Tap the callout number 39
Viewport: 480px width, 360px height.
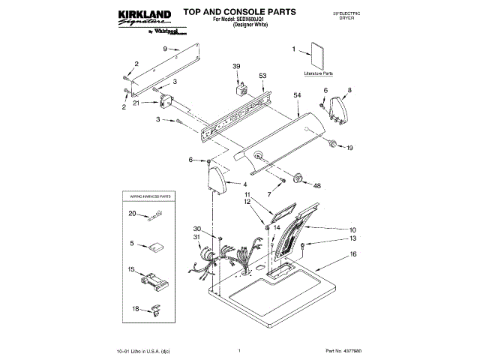point(237,67)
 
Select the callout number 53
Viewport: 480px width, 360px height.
point(262,76)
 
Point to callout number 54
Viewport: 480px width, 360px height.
point(297,96)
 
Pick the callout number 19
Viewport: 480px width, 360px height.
point(349,148)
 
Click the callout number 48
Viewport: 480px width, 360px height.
point(317,185)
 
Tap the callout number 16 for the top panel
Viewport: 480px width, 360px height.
point(352,255)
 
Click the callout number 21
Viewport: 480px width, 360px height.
point(136,103)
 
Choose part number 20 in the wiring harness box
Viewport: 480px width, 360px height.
point(132,214)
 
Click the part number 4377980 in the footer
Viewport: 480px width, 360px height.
point(346,349)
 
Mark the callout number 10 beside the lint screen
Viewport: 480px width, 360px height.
point(352,229)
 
